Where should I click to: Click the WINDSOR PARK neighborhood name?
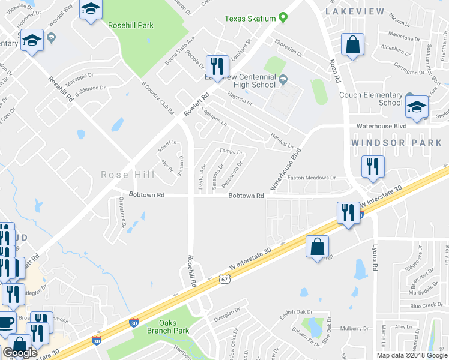click(396, 143)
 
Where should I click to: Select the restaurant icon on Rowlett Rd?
click(217, 65)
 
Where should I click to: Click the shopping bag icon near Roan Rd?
click(353, 44)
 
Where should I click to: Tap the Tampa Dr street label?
click(230, 152)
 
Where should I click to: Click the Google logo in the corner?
click(20, 353)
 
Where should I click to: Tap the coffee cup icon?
click(6, 323)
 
